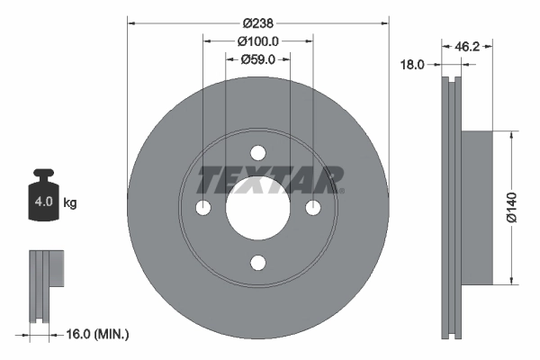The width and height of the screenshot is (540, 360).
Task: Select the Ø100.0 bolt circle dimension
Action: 258,40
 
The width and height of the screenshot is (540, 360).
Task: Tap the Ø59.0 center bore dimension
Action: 258,59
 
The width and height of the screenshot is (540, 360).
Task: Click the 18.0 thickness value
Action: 412,64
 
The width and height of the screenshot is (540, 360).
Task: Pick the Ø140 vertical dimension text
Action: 510,208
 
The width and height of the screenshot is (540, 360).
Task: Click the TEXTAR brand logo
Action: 270,179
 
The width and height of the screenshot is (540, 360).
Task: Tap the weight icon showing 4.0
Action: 42,201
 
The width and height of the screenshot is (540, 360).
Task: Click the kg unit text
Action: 70,203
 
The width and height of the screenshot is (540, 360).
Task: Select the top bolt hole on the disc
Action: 258,153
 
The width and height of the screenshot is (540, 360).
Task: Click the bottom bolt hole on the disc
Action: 258,263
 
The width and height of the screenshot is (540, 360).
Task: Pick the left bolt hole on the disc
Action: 203,209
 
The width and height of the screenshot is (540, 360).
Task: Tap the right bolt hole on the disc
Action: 313,209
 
